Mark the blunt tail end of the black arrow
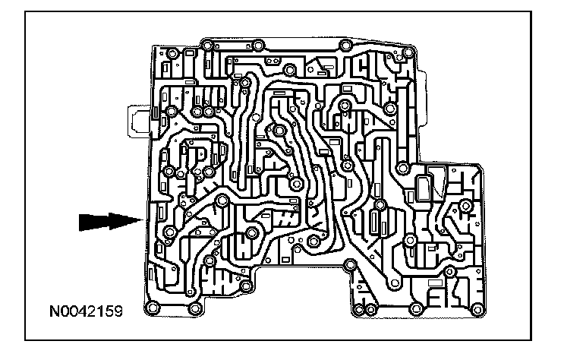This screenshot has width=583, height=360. point(80,221)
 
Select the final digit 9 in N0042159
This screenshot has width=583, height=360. point(118,310)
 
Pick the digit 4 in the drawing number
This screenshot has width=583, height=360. point(87,310)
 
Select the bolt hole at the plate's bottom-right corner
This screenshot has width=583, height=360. point(477,308)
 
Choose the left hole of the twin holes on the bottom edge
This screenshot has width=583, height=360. point(359,309)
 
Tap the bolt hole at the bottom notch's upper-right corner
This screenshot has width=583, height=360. point(349,265)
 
